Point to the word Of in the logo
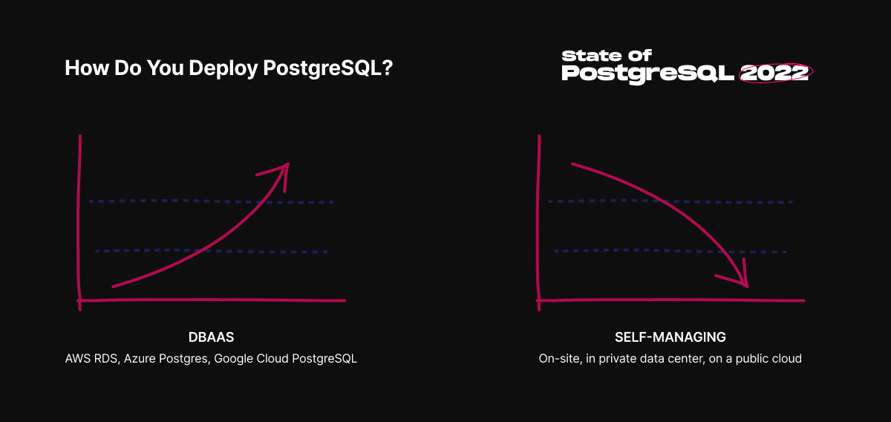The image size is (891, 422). pos(639,55)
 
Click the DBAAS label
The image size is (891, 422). pos(211,337)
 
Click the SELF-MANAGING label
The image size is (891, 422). pos(670,337)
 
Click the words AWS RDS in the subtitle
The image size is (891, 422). pos(91,359)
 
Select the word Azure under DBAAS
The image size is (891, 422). pos(140,359)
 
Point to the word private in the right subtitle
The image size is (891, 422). pos(618,359)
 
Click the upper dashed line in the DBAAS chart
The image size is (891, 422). pos(211,202)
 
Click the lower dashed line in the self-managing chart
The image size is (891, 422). pos(670,251)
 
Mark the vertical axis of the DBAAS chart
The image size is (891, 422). pos(79,223)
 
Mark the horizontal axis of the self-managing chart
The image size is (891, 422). pos(670,300)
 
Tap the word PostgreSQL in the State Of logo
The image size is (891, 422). pos(648,74)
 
